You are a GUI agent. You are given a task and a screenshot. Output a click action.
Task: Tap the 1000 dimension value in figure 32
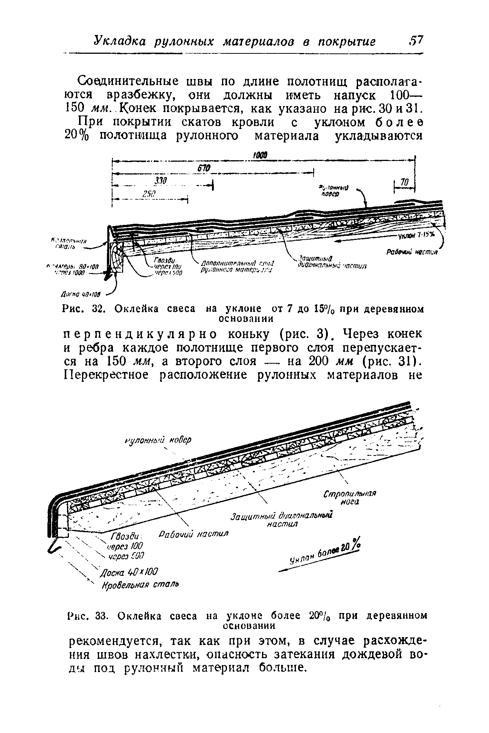click(x=259, y=155)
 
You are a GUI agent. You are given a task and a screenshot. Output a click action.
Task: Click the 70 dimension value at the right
click(x=403, y=182)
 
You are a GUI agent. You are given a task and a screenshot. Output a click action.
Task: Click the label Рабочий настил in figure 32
click(x=411, y=252)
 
